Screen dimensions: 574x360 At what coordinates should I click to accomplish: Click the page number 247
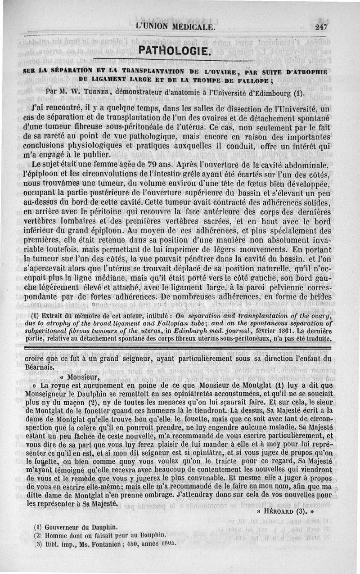pos(321,27)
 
